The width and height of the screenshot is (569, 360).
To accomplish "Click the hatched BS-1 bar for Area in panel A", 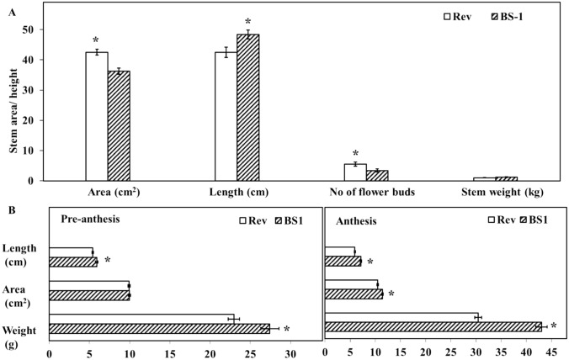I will coord(119,125).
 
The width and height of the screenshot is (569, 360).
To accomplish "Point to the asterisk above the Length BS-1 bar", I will coord(247,22).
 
